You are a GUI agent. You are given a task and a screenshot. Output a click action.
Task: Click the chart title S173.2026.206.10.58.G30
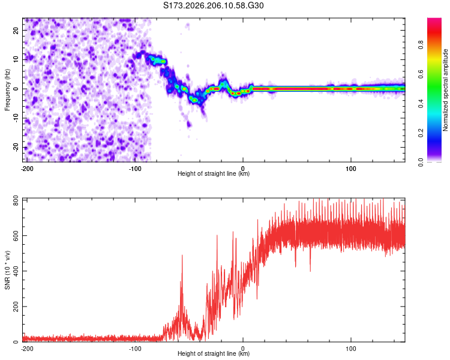click(213, 5)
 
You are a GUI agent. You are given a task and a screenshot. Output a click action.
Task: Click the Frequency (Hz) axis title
click(7, 90)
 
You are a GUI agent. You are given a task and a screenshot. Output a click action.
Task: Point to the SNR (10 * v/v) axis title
click(7, 270)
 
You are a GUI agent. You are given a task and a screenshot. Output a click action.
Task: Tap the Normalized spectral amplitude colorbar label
click(445, 90)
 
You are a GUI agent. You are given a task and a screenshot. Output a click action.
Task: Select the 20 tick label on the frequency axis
click(16, 31)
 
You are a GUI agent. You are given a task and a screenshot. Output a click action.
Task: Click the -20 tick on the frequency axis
click(16, 148)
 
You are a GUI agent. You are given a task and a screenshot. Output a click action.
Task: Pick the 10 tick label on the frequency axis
click(16, 60)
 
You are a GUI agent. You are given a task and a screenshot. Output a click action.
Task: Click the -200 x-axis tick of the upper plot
click(27, 169)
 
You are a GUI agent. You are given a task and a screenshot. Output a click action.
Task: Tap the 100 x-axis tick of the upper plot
click(351, 169)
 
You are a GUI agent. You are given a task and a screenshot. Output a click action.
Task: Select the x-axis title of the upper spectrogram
click(214, 173)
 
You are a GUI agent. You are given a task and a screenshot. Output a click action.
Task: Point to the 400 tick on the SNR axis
click(16, 271)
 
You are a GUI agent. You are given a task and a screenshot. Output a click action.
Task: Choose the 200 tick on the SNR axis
click(16, 307)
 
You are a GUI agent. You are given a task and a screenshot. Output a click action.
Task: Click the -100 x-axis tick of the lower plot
click(135, 349)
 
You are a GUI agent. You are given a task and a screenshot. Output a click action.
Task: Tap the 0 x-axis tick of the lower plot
click(243, 349)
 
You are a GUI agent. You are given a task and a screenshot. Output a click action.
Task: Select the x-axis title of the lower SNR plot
click(214, 353)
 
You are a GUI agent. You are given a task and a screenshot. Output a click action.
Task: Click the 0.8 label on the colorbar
click(421, 45)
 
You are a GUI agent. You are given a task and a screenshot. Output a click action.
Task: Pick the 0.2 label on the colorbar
click(421, 133)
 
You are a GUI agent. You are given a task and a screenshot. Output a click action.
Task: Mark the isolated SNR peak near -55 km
click(182, 256)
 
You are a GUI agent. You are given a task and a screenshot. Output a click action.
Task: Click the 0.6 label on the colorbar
click(421, 74)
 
